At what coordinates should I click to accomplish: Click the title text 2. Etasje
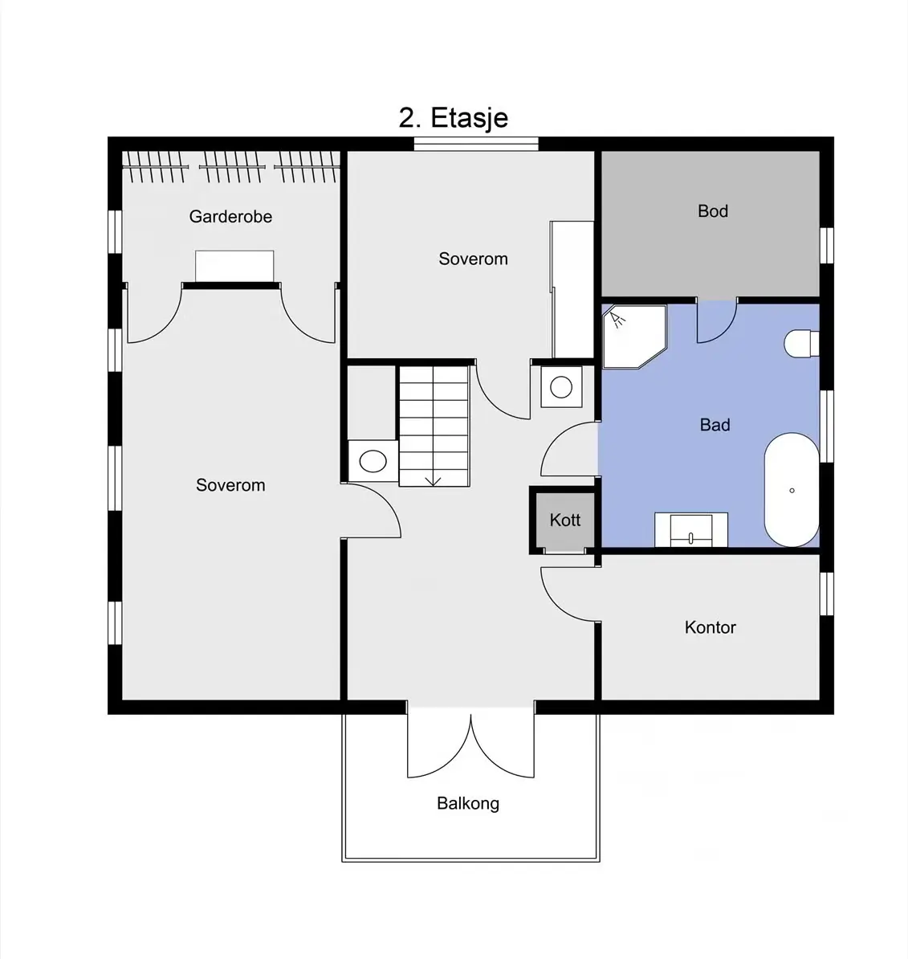(x=453, y=117)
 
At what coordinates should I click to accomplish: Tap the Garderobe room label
(x=230, y=217)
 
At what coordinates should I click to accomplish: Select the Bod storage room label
(x=713, y=211)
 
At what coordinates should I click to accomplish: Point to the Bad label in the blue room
(x=715, y=424)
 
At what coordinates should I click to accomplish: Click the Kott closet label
(x=565, y=520)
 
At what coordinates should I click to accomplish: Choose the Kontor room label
(x=710, y=627)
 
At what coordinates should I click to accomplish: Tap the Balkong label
(x=468, y=803)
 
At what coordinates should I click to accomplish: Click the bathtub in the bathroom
(x=792, y=490)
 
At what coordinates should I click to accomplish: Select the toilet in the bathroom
(x=801, y=345)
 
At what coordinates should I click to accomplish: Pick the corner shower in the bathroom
(x=633, y=337)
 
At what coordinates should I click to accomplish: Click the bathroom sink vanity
(x=691, y=529)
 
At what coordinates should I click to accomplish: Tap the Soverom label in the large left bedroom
(x=230, y=485)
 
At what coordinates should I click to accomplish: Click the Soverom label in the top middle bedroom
(x=473, y=259)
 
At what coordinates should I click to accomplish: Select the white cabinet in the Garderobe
(x=234, y=266)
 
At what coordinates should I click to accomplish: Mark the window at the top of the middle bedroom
(x=476, y=144)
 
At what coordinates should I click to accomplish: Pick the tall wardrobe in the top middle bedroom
(x=572, y=289)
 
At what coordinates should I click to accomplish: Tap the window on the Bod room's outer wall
(x=827, y=246)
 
